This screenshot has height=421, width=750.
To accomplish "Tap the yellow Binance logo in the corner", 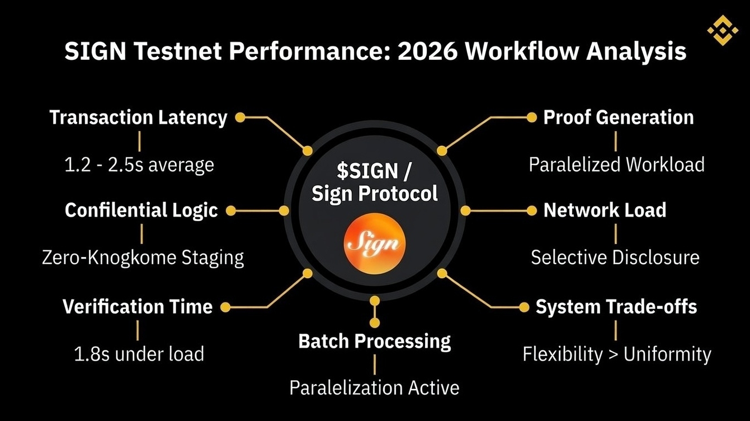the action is (723, 30).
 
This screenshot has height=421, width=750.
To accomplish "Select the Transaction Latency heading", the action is (138, 118).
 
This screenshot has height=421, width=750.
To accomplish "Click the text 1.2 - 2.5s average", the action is (138, 165).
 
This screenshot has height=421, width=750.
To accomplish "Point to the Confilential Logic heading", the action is (141, 210).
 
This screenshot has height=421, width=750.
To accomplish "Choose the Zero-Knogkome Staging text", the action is (143, 258).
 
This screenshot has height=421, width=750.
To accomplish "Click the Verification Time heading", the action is (138, 307).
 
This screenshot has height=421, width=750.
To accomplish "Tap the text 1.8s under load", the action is (139, 354).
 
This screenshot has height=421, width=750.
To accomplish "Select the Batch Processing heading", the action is (375, 341).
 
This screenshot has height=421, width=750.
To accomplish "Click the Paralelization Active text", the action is (374, 387).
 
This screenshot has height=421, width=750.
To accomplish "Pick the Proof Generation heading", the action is (619, 118).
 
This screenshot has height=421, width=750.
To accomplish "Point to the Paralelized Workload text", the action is (616, 165).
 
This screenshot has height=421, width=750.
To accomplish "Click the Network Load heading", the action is (605, 210).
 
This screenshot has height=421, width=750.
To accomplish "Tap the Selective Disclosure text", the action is (615, 258).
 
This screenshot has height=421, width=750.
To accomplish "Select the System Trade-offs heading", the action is (616, 307).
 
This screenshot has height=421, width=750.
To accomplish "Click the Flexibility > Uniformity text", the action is (617, 354).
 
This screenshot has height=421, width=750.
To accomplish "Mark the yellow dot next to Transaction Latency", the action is (240, 118).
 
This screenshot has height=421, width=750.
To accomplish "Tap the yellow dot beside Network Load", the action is (532, 210).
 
